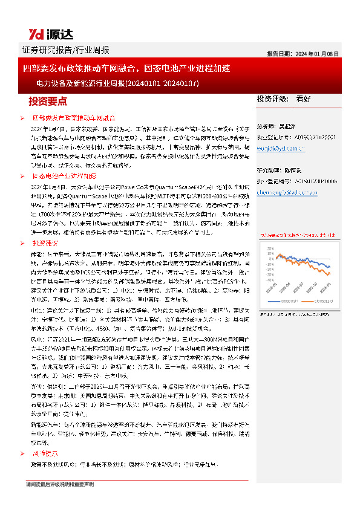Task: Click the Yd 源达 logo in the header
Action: tap(45, 34)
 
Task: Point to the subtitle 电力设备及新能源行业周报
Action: tap(122, 83)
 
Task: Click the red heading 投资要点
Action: tap(48, 100)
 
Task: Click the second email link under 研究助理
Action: tap(287, 192)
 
